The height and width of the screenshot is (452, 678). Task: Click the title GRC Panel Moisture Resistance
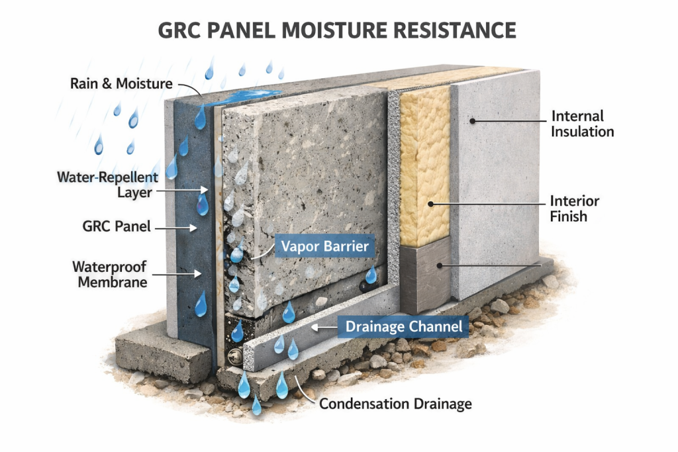[x=338, y=30]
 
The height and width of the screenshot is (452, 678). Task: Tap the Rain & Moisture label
[x=121, y=84]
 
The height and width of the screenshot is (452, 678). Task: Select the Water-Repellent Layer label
[x=107, y=185]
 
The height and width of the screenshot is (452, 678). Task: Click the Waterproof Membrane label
[x=109, y=274]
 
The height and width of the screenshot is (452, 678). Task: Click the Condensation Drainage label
[x=396, y=402]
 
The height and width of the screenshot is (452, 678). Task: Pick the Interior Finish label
[x=574, y=208]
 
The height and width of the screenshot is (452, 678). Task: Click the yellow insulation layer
[x=424, y=165]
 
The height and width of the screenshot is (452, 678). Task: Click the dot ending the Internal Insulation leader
[x=473, y=121]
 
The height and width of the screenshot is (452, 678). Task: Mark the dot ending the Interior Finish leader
[x=430, y=204]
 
